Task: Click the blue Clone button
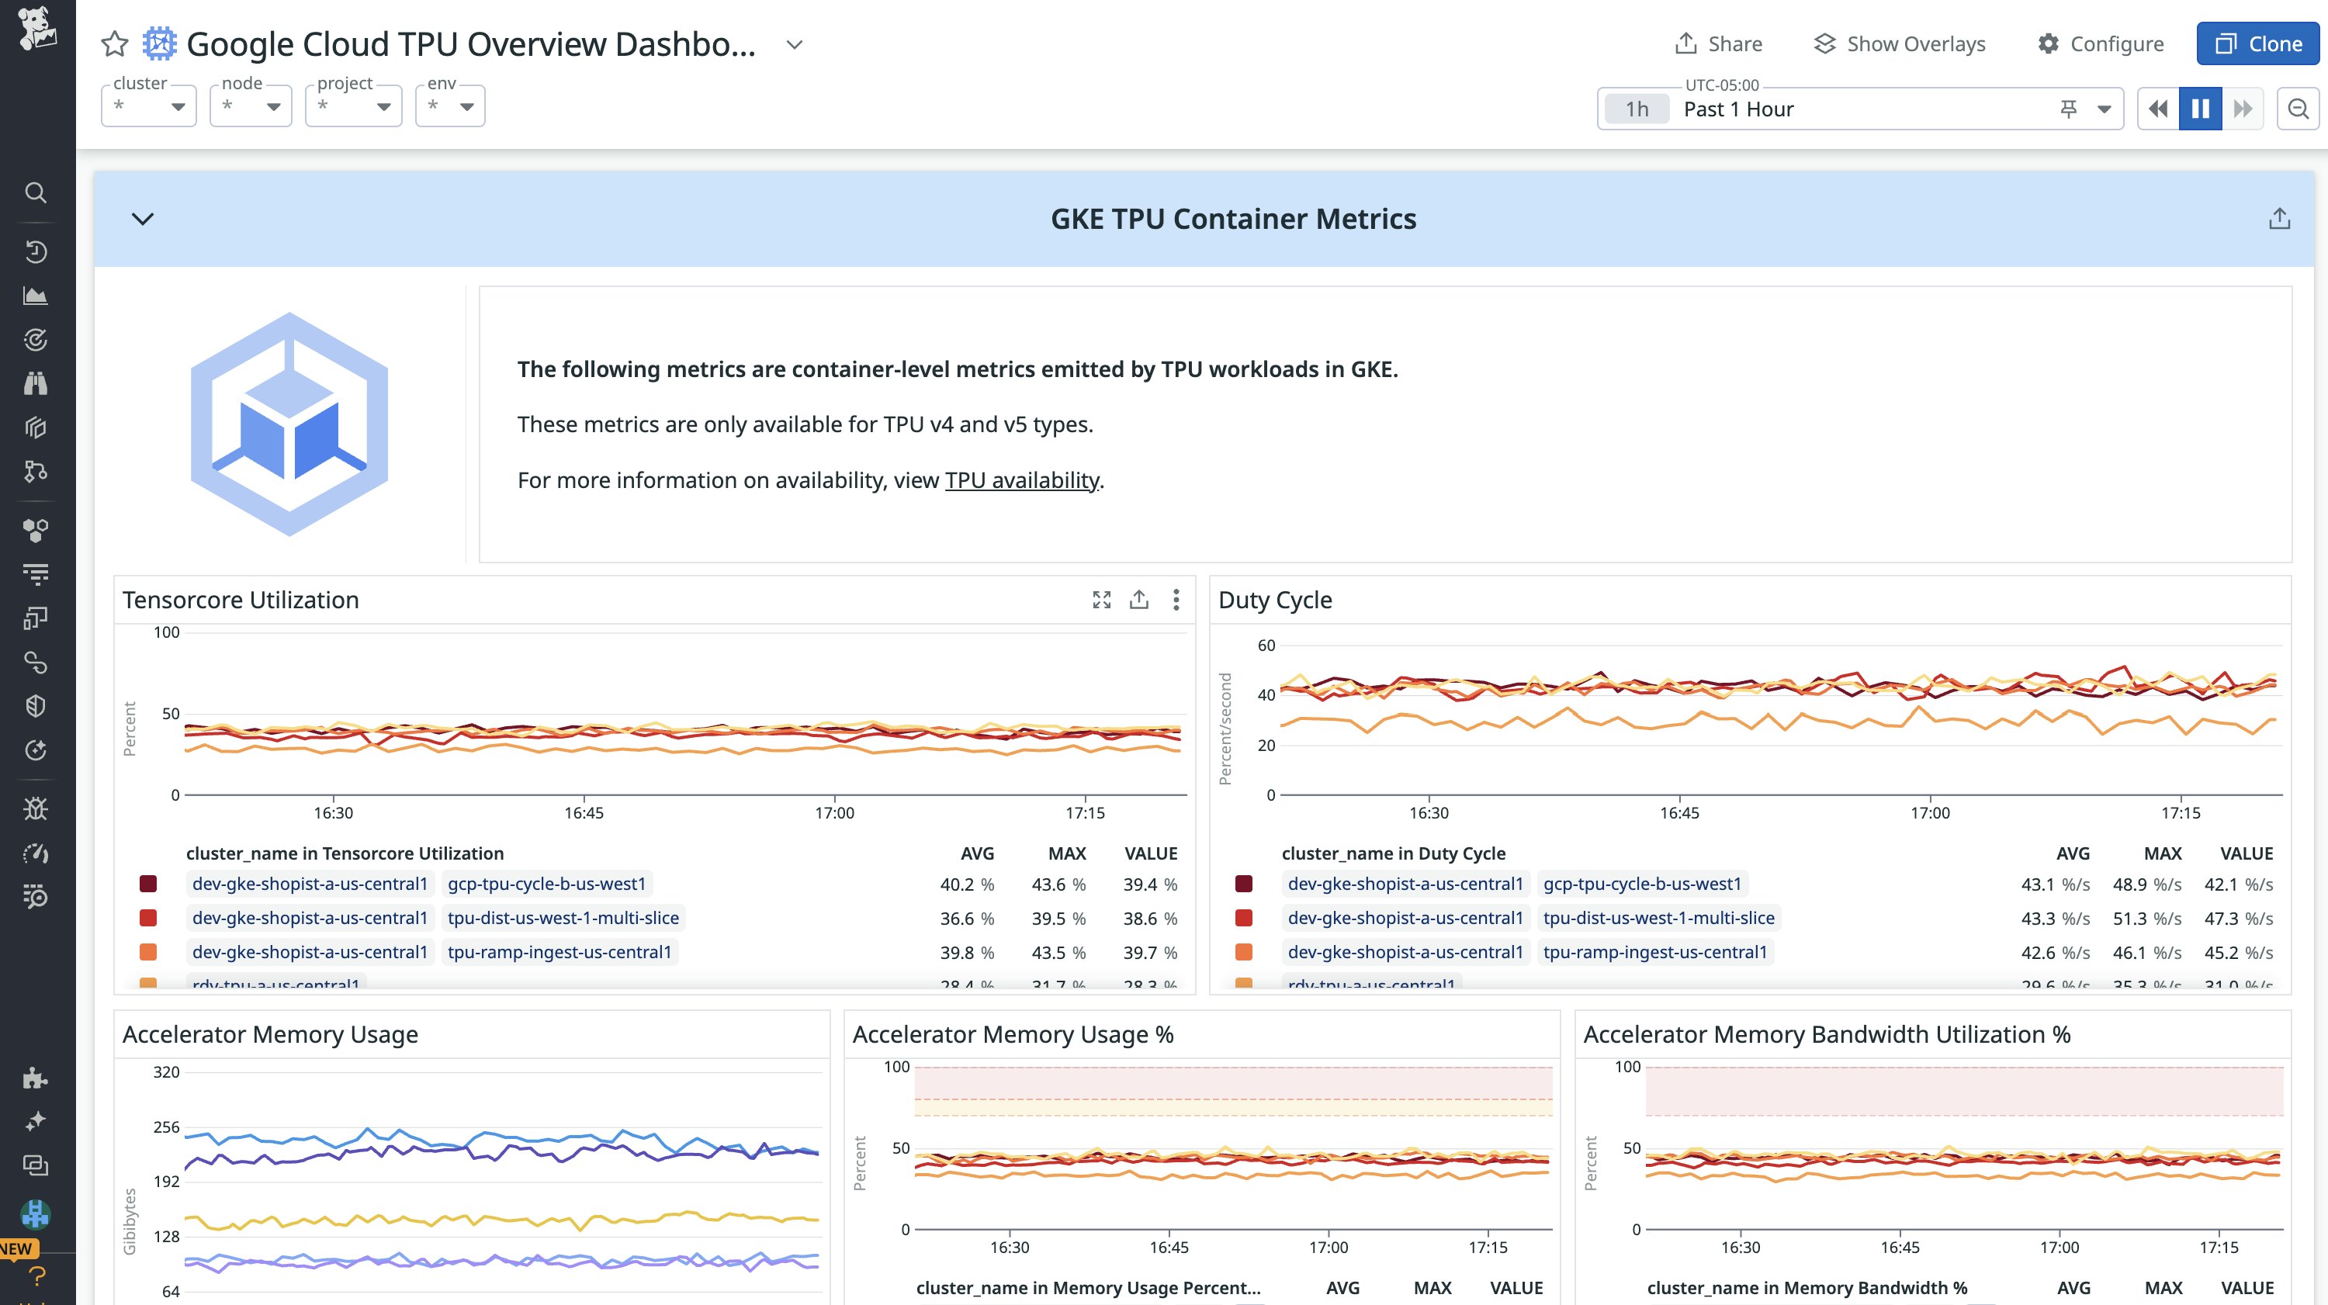point(2257,43)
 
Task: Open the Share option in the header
point(1718,43)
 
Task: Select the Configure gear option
point(2101,43)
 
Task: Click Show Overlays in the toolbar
point(1900,43)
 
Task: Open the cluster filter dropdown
point(149,106)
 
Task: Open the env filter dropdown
point(450,106)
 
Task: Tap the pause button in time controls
point(2200,109)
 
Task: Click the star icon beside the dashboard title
point(115,43)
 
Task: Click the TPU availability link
point(1021,480)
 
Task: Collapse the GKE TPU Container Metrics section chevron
point(143,219)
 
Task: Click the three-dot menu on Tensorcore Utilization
point(1176,599)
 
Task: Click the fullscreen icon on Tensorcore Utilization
point(1100,599)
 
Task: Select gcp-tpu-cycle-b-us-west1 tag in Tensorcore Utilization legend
point(547,884)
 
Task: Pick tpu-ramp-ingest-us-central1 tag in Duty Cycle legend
point(1654,952)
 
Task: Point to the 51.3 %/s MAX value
point(2146,918)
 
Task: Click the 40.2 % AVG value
point(966,884)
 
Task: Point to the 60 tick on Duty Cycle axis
point(1266,646)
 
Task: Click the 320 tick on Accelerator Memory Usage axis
point(166,1071)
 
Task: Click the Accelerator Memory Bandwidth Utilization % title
point(1827,1034)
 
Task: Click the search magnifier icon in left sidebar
point(35,192)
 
